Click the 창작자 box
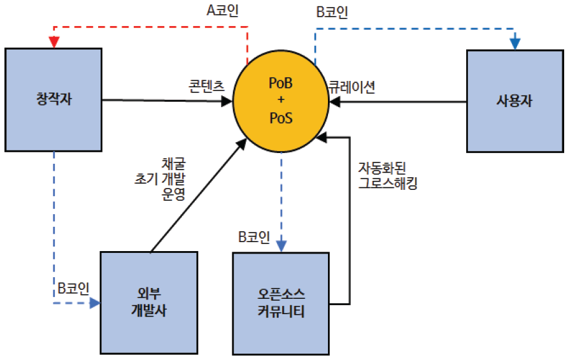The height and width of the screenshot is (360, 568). (53, 99)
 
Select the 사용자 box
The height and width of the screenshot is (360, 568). (515, 101)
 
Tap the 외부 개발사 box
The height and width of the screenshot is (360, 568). (150, 303)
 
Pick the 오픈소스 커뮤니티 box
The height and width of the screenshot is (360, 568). (281, 303)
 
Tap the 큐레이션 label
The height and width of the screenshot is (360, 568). (351, 87)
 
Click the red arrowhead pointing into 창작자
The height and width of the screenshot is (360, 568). (53, 42)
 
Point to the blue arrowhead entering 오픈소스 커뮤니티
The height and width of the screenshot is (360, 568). (281, 246)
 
